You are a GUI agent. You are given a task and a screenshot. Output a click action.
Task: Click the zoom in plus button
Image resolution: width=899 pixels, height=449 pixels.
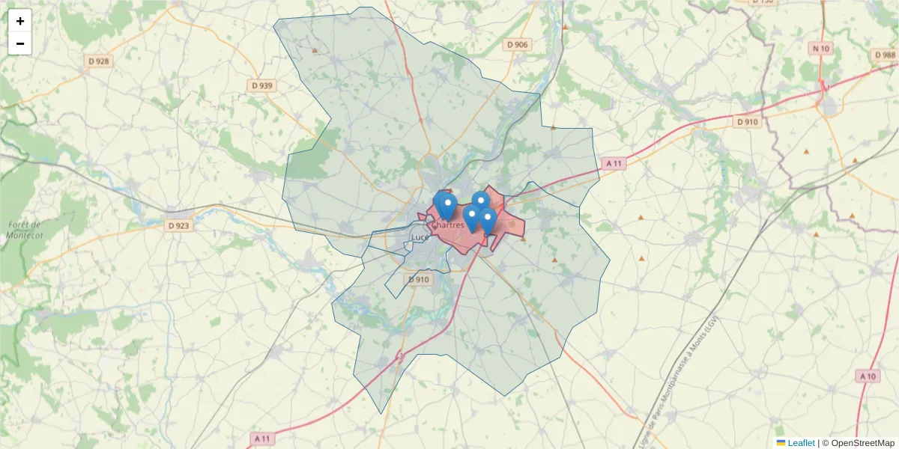[20, 21]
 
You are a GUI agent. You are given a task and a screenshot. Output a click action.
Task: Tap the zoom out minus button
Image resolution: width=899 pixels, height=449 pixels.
[20, 43]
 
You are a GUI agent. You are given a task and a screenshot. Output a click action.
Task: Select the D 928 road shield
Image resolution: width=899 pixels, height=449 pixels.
[98, 61]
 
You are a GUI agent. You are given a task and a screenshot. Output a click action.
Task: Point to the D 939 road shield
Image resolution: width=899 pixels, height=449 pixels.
[262, 85]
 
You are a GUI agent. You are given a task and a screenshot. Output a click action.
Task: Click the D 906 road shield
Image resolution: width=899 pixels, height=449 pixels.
[517, 45]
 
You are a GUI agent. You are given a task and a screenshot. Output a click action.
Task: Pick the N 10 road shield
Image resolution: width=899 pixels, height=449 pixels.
[820, 49]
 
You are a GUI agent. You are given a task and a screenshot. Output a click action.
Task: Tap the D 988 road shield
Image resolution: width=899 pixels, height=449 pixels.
[884, 55]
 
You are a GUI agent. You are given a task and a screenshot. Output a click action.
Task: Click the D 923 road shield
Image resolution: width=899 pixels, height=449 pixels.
[178, 225]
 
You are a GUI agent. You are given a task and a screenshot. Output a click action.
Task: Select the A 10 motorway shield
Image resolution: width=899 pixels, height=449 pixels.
[868, 376]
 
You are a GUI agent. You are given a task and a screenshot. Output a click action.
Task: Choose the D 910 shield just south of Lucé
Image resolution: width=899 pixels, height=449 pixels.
[419, 280]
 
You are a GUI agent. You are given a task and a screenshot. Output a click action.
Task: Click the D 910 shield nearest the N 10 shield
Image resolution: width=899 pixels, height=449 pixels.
[747, 121]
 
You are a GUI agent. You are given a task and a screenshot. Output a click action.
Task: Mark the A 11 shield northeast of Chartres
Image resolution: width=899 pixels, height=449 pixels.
[614, 163]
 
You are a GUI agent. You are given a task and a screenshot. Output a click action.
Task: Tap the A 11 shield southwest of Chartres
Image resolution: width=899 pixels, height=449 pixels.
[261, 438]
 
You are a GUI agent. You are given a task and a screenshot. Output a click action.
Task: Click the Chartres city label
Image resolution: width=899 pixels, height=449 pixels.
[447, 225]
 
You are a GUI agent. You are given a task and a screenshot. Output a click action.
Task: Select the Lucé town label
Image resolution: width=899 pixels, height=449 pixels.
[419, 238]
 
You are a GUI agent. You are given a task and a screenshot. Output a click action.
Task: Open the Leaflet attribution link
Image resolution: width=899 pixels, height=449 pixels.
[801, 443]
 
